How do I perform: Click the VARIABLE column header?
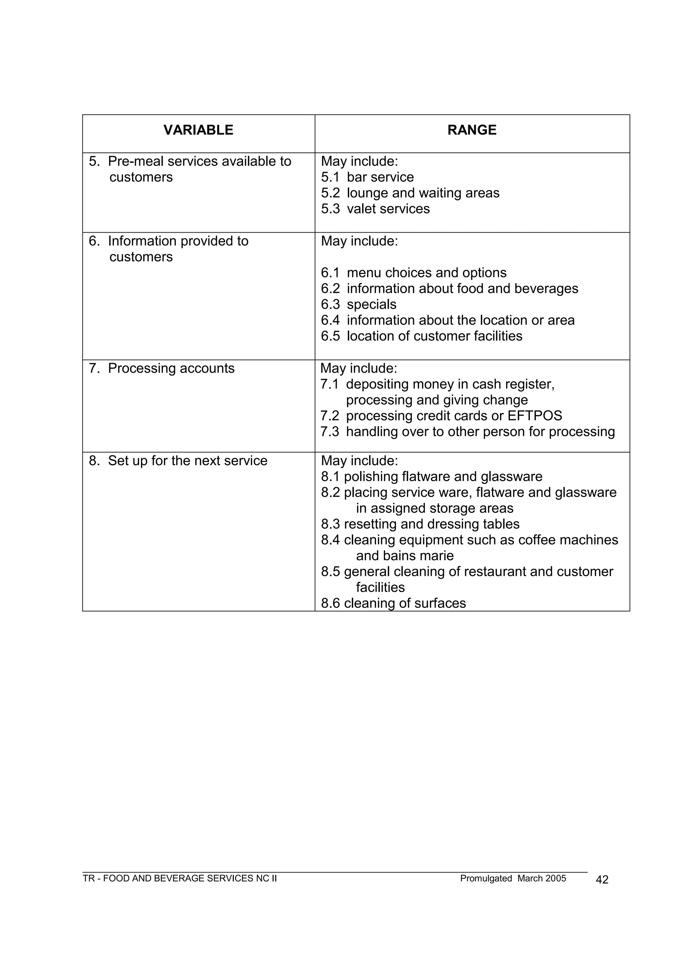(198, 130)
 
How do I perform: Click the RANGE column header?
(472, 130)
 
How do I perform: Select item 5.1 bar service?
(367, 177)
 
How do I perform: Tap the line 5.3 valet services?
(375, 209)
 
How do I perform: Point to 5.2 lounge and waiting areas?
(410, 193)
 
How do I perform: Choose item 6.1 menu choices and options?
(414, 273)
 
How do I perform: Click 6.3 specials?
(358, 304)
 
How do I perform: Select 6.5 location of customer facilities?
(422, 336)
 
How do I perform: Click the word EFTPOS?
(535, 416)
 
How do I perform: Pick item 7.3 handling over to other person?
(467, 432)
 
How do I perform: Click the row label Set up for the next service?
(187, 461)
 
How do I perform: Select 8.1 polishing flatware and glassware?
(432, 477)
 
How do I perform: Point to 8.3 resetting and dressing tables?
(420, 524)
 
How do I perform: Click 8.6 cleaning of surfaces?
(393, 603)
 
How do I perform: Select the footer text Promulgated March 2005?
(513, 879)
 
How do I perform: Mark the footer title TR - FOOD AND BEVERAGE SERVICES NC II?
(179, 879)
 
